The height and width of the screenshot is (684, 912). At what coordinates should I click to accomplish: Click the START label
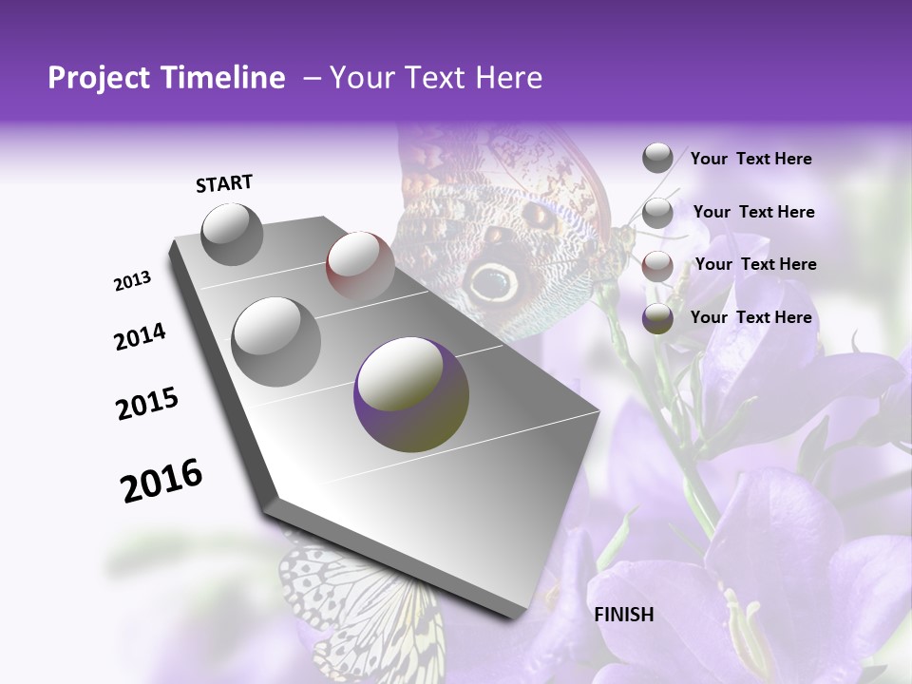pyautogui.click(x=224, y=183)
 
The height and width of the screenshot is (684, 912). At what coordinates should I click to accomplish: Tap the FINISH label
pyautogui.click(x=623, y=615)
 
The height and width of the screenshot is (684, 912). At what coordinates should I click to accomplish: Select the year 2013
pyautogui.click(x=133, y=281)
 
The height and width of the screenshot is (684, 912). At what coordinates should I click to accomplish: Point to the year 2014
pyautogui.click(x=141, y=336)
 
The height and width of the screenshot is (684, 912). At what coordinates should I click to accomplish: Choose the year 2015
pyautogui.click(x=147, y=403)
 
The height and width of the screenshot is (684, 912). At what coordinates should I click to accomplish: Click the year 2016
pyautogui.click(x=161, y=480)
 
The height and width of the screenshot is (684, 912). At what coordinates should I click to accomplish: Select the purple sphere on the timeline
pyautogui.click(x=411, y=394)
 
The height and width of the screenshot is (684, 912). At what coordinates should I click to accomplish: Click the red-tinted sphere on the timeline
pyautogui.click(x=360, y=265)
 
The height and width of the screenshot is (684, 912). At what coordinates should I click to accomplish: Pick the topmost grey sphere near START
pyautogui.click(x=233, y=235)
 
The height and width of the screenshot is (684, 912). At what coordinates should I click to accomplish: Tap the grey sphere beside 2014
pyautogui.click(x=276, y=341)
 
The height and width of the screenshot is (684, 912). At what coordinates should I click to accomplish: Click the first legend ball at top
pyautogui.click(x=657, y=158)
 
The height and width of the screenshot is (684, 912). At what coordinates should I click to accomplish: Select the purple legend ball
pyautogui.click(x=657, y=318)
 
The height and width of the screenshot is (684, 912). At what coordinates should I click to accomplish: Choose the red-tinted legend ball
pyautogui.click(x=657, y=265)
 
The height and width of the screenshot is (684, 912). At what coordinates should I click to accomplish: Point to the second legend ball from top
pyautogui.click(x=657, y=212)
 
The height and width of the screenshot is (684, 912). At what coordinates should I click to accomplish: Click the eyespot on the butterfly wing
pyautogui.click(x=491, y=279)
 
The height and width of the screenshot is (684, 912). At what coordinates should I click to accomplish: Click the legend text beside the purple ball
pyautogui.click(x=750, y=317)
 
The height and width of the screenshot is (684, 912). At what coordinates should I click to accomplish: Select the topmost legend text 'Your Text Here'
pyautogui.click(x=750, y=159)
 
